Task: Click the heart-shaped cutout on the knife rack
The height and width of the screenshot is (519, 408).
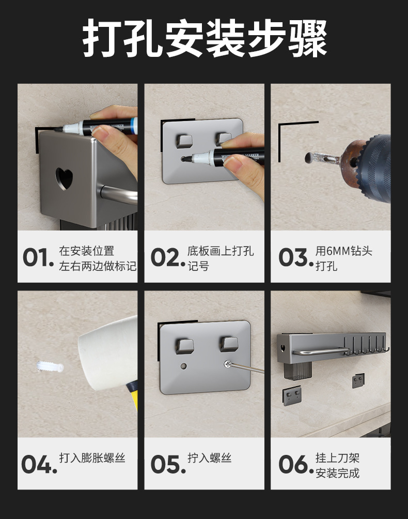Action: click(64, 178)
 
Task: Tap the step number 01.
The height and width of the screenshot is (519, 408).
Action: click(38, 257)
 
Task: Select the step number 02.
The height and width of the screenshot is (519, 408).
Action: click(168, 257)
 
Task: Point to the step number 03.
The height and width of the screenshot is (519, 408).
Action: click(296, 257)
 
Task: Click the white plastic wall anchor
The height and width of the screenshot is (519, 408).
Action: click(50, 367)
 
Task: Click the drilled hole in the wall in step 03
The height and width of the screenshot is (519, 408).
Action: click(310, 158)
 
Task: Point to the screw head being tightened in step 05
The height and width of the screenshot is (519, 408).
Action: click(227, 364)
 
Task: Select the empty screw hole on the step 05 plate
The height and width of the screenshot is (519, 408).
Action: click(183, 367)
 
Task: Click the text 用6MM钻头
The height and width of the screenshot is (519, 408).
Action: click(344, 251)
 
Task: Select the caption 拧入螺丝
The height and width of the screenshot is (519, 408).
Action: click(210, 458)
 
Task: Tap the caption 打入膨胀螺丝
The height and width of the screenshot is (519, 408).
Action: click(92, 458)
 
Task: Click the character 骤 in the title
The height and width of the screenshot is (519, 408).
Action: click(308, 38)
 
